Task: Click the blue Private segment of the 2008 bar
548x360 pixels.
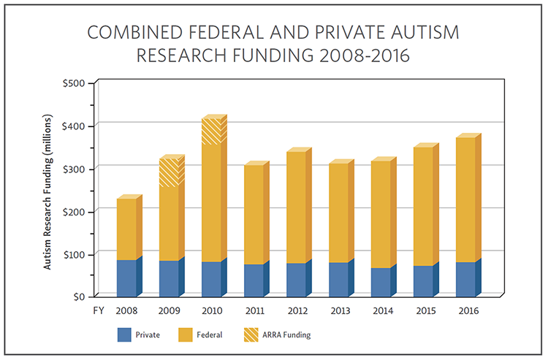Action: [x=126, y=277]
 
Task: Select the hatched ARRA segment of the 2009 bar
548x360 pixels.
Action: [x=169, y=172]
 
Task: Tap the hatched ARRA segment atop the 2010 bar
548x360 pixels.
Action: [x=211, y=131]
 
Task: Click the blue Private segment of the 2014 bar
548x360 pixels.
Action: [x=381, y=282]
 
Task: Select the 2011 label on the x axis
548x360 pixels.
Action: [x=254, y=310]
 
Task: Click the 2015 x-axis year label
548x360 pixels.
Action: [x=423, y=310]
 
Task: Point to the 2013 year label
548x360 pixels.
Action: [x=338, y=310]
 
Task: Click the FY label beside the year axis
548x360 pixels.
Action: [x=96, y=310]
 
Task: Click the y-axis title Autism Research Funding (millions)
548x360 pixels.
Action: [x=47, y=191]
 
